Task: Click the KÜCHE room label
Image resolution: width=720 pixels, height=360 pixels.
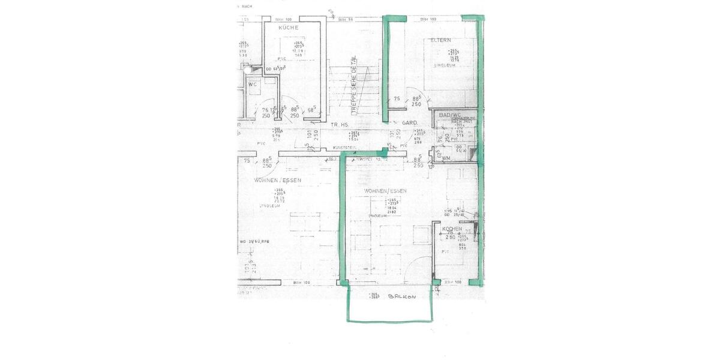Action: [289, 28]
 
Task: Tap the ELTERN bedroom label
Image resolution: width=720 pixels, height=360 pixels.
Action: [440, 40]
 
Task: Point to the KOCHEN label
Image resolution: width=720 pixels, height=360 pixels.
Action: [452, 229]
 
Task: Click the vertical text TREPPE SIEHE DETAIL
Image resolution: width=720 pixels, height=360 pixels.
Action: [354, 84]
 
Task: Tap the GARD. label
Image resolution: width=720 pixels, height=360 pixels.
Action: [410, 122]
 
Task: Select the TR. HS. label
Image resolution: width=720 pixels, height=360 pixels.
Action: [340, 124]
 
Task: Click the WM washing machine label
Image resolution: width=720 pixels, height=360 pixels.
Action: [446, 158]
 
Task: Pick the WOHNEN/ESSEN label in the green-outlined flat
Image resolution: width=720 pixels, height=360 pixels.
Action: [385, 191]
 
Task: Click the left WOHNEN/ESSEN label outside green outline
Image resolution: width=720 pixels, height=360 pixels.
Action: [277, 180]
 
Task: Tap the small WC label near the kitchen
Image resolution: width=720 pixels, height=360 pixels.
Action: [253, 84]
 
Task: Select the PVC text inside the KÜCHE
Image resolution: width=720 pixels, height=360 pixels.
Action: [281, 59]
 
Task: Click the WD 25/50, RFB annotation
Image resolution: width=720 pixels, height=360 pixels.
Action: [255, 241]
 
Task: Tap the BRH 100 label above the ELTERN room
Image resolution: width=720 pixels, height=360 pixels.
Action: [427, 19]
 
